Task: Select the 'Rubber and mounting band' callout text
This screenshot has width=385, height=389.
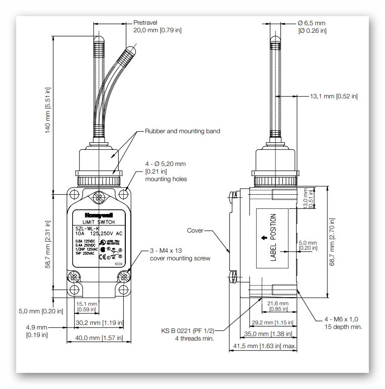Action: click(x=182, y=131)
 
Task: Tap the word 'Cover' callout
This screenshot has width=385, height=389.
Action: click(x=195, y=231)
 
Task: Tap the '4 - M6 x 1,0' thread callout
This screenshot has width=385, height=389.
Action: click(x=341, y=319)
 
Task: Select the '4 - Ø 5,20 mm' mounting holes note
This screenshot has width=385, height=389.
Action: click(x=166, y=163)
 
